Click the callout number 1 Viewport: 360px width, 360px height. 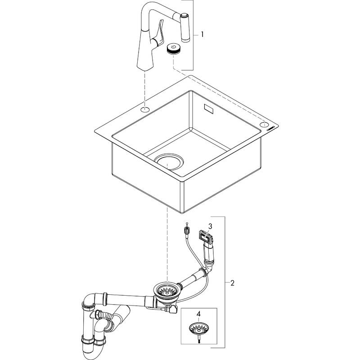[x=202, y=34]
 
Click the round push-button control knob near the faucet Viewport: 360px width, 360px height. [x=173, y=48]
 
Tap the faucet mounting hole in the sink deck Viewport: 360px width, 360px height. [x=145, y=109]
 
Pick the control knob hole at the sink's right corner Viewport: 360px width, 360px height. [x=264, y=124]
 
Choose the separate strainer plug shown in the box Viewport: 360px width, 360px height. [x=198, y=328]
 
